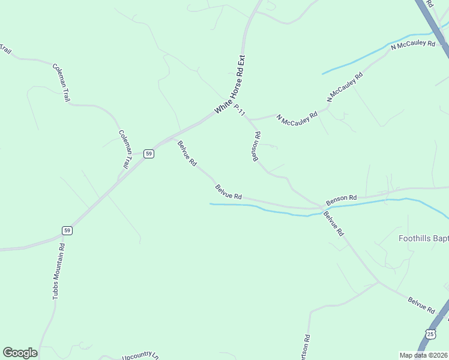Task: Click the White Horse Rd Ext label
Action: click(x=231, y=85)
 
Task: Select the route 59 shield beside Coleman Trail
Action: click(x=149, y=154)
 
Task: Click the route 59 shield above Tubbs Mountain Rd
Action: click(x=67, y=230)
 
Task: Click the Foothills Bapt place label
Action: click(x=424, y=238)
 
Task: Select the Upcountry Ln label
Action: click(x=139, y=356)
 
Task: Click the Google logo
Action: click(x=20, y=353)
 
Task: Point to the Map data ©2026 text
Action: click(x=423, y=355)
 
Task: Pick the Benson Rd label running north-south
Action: click(x=256, y=146)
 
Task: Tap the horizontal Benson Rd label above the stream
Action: click(x=342, y=197)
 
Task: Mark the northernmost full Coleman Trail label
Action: click(x=61, y=82)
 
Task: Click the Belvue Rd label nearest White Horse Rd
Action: click(x=187, y=153)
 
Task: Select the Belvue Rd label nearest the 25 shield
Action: click(x=421, y=305)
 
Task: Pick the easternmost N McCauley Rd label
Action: click(x=412, y=46)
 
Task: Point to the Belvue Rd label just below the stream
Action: click(x=333, y=223)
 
